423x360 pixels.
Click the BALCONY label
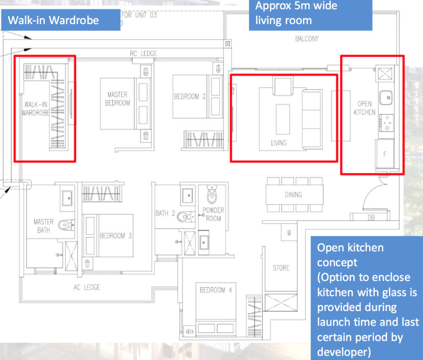307,39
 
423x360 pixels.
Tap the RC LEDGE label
143,54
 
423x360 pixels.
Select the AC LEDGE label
87,287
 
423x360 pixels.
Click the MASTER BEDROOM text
117,98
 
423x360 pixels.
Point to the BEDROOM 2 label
189,96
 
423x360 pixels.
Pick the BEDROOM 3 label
115,235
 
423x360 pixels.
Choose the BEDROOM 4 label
216,290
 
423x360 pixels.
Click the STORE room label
281,267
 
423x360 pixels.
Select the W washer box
289,232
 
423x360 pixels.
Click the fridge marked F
385,154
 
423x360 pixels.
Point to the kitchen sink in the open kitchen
386,98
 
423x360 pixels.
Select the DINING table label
293,195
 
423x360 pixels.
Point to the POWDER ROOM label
213,214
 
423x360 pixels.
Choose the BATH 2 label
165,213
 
